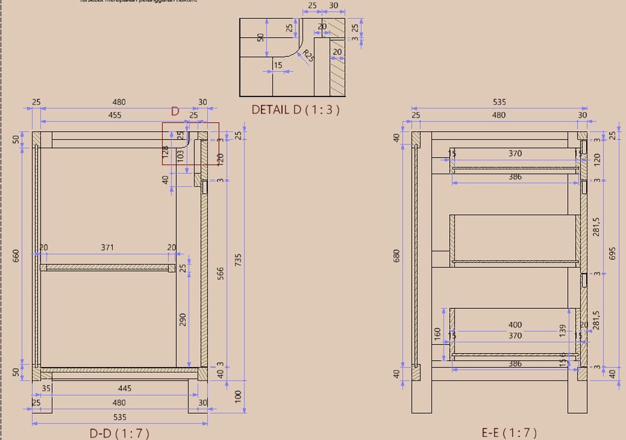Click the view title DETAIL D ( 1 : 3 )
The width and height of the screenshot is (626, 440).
coord(295,110)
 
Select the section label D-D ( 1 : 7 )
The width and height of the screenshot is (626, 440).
coord(119,433)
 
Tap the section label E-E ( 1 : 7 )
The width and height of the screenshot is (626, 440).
coord(509,432)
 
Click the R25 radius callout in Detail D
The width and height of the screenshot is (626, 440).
coord(307,57)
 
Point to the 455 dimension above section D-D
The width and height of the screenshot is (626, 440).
coord(114,115)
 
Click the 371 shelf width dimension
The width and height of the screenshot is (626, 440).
coord(108,247)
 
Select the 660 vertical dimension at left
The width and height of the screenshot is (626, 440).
coord(16,256)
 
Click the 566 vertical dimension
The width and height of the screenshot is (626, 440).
coord(220,272)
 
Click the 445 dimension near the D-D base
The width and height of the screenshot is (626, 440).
coord(125,388)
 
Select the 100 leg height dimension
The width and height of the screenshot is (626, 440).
coord(238,396)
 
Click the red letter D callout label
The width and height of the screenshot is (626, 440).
coord(175,112)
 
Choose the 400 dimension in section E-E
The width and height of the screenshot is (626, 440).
coord(514,324)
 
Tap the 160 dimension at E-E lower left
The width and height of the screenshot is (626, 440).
coord(437,334)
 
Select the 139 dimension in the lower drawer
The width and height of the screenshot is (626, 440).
coord(562,330)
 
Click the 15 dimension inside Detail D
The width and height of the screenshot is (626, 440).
coord(278,65)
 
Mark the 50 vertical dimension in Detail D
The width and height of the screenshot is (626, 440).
coord(261,38)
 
